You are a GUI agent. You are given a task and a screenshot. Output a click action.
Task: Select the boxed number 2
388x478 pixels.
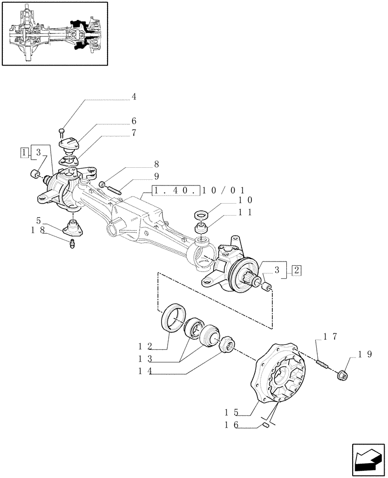click(296, 270)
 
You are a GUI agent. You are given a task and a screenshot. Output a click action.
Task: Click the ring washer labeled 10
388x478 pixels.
click(201, 215)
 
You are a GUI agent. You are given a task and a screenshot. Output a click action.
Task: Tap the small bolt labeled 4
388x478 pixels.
click(62, 130)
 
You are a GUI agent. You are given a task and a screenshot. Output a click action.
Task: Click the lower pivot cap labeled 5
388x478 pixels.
click(74, 226)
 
